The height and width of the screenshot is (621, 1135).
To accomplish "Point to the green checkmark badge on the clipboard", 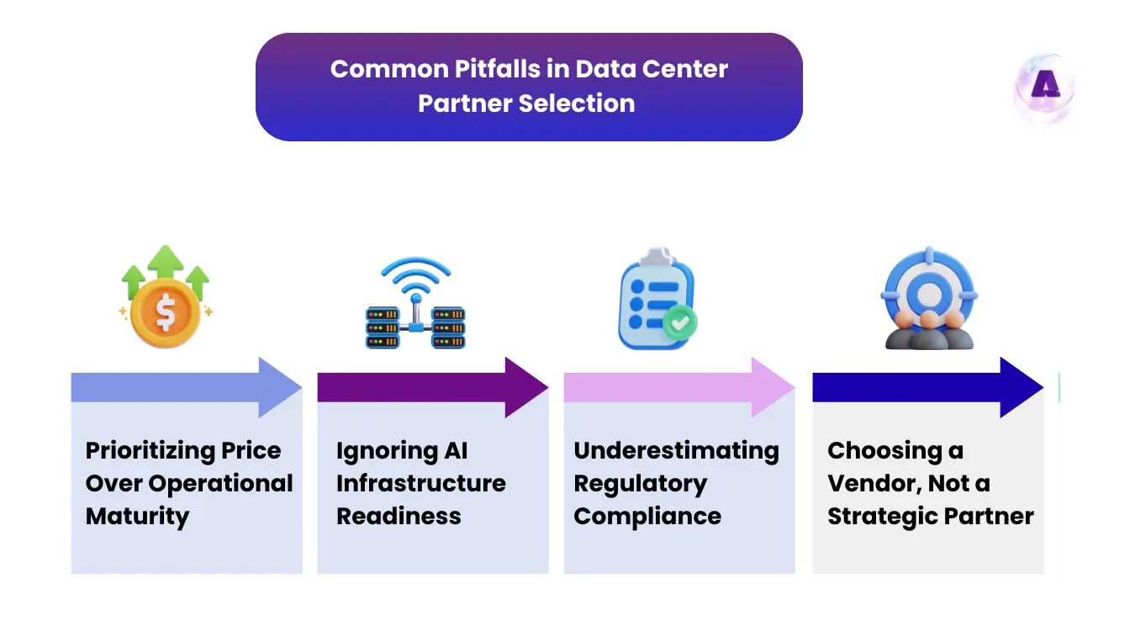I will pos(678,322).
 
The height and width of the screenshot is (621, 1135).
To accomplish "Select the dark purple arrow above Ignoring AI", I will pos(432,387).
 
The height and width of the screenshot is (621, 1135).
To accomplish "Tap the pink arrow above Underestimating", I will pos(678,387).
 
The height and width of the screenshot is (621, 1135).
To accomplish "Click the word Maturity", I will pos(137,516).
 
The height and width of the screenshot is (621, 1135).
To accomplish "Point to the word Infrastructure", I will pos(421,484).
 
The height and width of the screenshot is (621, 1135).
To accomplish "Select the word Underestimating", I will pos(676,451).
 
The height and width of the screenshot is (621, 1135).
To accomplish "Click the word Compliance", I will pos(647,516).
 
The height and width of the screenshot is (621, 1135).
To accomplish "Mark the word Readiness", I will pos(399,516).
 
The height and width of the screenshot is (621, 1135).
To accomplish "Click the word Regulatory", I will pos(640,484).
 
